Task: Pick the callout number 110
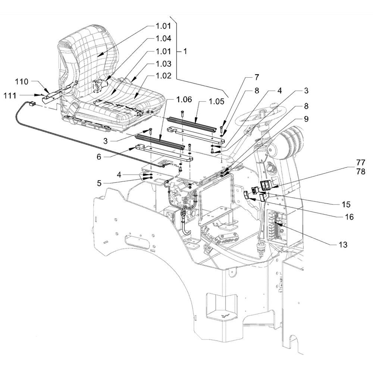point(22,82)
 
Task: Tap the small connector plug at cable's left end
point(32,104)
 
